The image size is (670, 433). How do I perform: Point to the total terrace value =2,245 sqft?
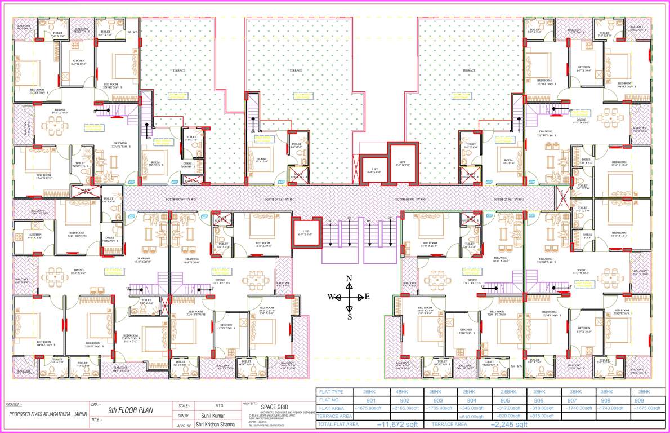[x=509, y=424]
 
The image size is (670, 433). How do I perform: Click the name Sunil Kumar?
[x=208, y=416]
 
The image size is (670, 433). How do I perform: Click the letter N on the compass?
[x=349, y=279]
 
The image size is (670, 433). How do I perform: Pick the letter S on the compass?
[x=349, y=316]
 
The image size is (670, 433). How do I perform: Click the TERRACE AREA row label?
[x=334, y=416]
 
